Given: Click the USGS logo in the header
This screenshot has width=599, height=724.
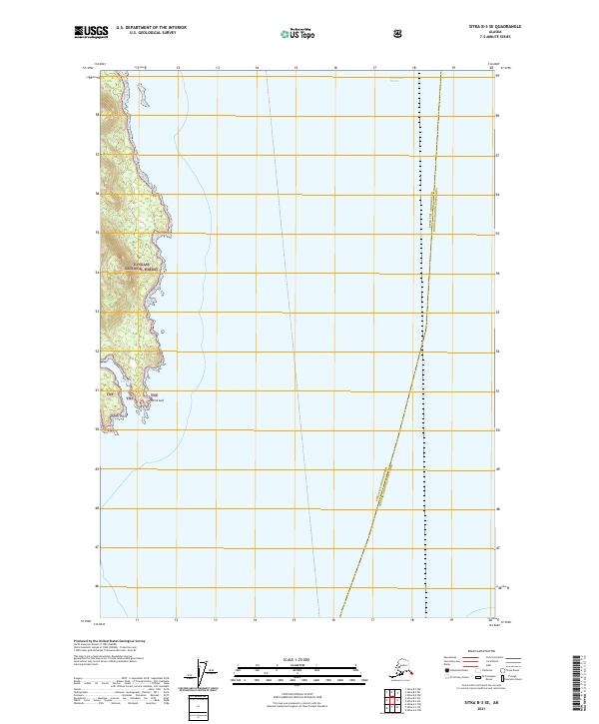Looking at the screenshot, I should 93,34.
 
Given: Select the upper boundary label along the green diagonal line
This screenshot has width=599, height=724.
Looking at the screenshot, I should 434,210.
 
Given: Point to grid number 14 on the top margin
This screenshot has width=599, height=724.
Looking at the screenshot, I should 257,68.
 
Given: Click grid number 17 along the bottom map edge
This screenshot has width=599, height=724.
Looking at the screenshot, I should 373,618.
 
